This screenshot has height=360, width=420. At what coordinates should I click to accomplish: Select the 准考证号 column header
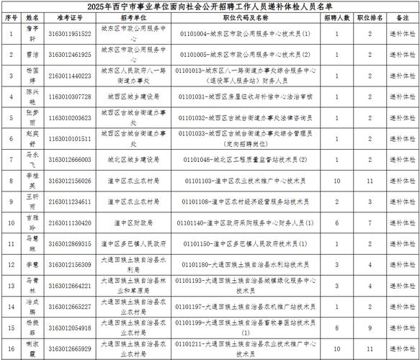pyautogui.click(x=71, y=17)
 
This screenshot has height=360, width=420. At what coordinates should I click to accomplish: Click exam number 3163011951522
pyautogui.click(x=71, y=33)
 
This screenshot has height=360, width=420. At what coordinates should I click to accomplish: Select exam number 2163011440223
pyautogui.click(x=71, y=75)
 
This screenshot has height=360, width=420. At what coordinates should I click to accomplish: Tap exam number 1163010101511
pyautogui.click(x=71, y=138)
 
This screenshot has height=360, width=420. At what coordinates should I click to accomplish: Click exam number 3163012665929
pyautogui.click(x=71, y=348)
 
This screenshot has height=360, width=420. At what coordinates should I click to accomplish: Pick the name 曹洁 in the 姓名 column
pyautogui.click(x=32, y=54)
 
